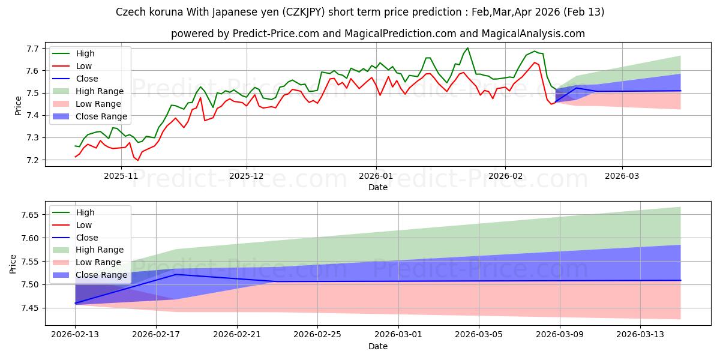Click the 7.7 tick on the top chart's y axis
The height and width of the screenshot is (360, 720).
point(32,48)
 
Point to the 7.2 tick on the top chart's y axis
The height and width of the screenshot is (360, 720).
point(32,160)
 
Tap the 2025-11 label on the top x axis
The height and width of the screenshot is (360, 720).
point(121,176)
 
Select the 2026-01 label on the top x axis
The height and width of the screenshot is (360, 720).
point(376,176)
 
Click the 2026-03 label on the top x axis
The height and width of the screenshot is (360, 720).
point(622,176)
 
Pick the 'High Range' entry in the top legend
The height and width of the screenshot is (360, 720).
point(101,91)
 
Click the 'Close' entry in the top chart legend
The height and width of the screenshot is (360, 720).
point(88,79)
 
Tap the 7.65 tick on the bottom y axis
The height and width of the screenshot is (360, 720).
point(30,215)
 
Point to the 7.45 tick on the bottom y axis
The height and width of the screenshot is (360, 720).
point(30,308)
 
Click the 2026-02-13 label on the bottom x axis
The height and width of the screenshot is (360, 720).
point(75,334)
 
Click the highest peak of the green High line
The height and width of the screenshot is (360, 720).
point(468,48)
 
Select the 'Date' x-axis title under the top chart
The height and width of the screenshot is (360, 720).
point(378,187)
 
